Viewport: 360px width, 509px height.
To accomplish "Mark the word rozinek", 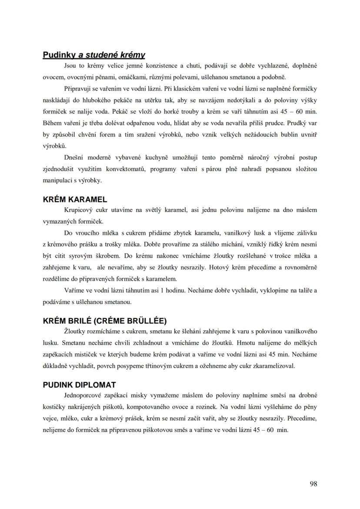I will click(x=210, y=407).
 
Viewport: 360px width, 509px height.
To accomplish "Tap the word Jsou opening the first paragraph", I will click(x=70, y=66).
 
